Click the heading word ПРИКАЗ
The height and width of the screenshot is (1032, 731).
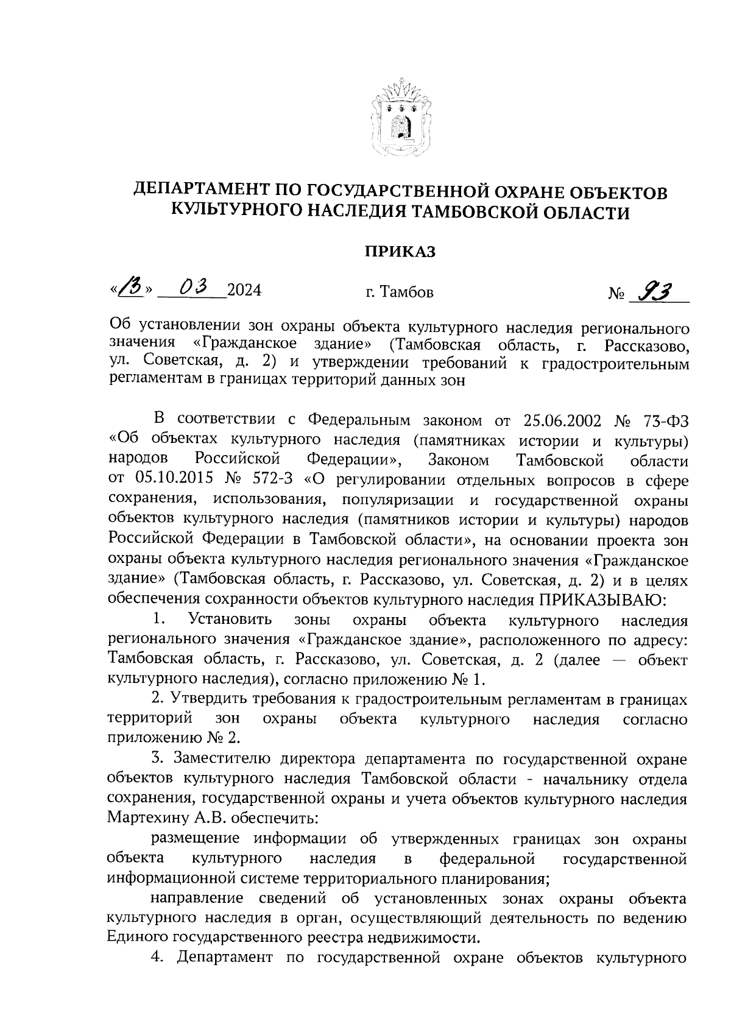click(400, 252)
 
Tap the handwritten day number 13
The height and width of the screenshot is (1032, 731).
click(130, 288)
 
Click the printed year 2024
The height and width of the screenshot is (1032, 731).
click(244, 291)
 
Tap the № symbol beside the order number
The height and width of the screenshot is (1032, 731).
click(616, 294)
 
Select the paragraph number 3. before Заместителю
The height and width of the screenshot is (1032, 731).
click(158, 759)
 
